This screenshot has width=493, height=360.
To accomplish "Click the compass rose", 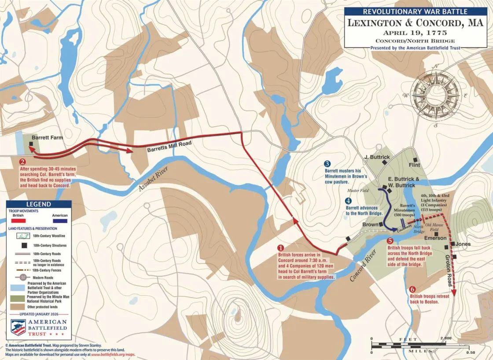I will tap(435, 95).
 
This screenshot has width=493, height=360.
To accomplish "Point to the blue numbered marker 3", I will tap(327, 164).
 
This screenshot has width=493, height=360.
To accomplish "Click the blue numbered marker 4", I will tap(348, 202).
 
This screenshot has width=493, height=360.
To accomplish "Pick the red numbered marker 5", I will tap(390, 241).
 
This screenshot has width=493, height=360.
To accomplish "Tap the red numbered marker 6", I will tap(412, 289).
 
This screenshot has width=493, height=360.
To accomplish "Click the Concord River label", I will tap(364, 266).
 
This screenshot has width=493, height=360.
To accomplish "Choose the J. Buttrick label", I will tap(377, 157).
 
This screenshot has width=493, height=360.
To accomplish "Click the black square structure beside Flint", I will tap(414, 160).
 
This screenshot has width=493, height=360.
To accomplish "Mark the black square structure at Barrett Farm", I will tap(32, 144).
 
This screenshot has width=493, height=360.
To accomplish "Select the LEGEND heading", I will tap(39, 204).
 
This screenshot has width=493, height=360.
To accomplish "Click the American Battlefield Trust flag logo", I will tap(18, 328).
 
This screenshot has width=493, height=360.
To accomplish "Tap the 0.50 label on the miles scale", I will tap(470, 353).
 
